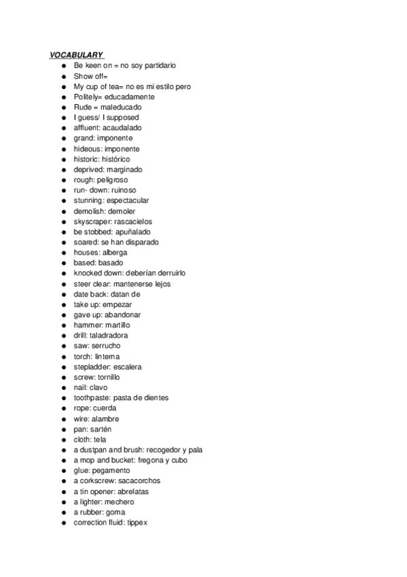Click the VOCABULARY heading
75,55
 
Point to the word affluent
86,128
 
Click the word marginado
124,169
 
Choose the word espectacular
128,201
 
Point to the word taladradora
109,335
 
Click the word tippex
137,523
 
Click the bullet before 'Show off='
63,76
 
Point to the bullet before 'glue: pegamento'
63,471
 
